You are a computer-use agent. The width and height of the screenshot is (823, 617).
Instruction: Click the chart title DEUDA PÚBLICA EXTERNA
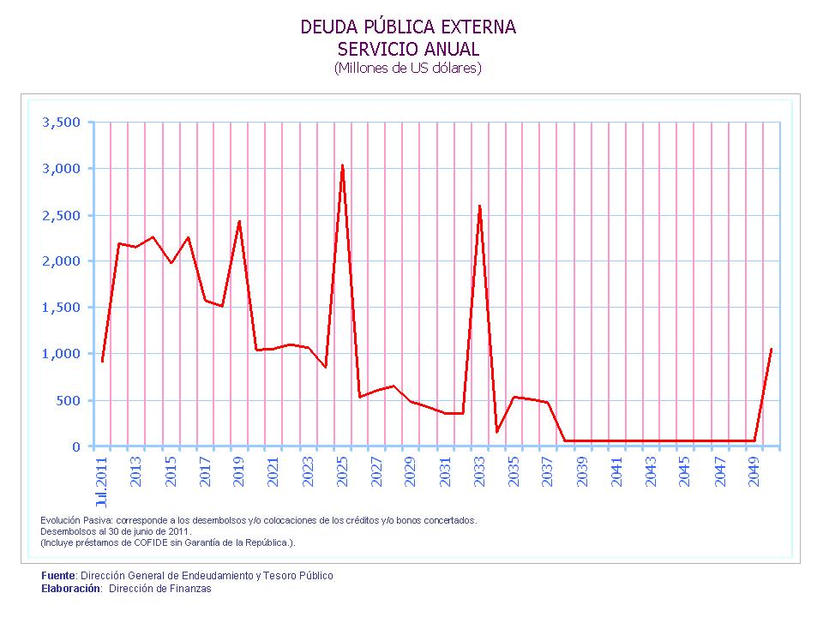point(408,27)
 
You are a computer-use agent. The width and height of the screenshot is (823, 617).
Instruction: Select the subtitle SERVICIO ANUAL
point(408,49)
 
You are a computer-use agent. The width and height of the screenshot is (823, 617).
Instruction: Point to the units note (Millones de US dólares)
point(408,69)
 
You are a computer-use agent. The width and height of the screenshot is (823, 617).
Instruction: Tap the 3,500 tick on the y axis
point(61,123)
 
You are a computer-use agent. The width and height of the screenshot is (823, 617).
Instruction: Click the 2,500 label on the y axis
point(61,215)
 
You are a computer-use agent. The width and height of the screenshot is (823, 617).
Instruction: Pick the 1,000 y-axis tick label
point(61,354)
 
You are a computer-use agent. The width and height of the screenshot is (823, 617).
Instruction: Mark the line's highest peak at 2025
point(342,165)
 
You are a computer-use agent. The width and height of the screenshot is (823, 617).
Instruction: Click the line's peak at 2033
point(479,206)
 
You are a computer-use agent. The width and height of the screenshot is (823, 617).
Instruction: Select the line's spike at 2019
point(239,221)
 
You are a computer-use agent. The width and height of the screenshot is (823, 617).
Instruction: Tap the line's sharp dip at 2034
point(496,431)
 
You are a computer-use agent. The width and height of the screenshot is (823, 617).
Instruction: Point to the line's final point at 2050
point(771,350)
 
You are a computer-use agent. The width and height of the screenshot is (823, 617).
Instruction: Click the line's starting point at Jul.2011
point(102,361)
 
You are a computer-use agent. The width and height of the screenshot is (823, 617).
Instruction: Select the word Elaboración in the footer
point(69,589)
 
